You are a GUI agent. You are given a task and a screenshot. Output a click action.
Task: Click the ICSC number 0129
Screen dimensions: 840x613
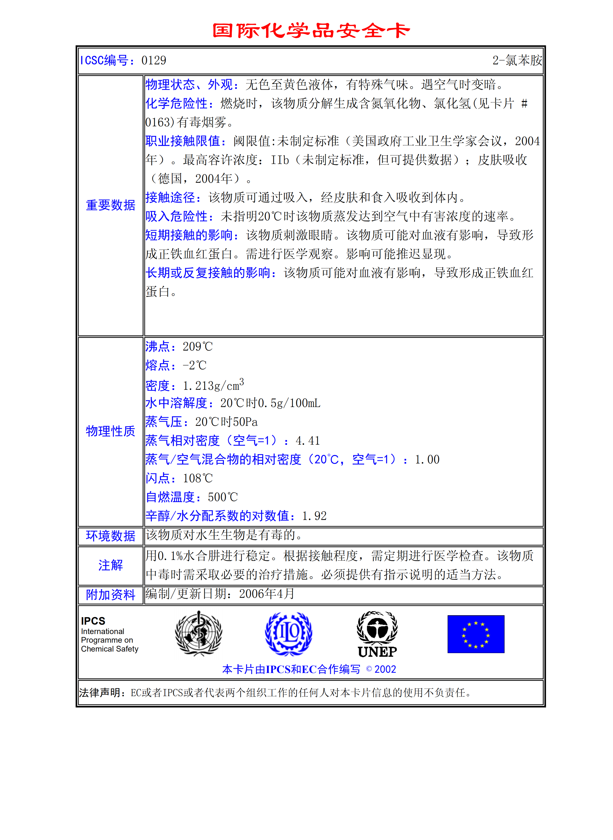tap(154, 60)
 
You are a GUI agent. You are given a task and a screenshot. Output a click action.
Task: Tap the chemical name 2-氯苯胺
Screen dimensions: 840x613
tap(517, 60)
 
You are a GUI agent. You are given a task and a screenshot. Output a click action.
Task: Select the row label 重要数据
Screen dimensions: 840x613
tap(111, 205)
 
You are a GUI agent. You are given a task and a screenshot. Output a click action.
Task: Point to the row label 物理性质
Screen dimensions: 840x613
tap(111, 431)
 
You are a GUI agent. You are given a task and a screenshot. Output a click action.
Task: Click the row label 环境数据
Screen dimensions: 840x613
tap(111, 536)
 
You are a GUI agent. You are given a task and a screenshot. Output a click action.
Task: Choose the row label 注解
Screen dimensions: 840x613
tap(111, 565)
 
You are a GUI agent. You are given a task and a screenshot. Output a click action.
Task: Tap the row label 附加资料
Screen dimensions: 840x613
tap(111, 595)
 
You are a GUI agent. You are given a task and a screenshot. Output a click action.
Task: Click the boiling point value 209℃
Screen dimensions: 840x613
tap(197, 347)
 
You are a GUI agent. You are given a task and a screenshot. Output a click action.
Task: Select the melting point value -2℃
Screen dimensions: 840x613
tap(194, 365)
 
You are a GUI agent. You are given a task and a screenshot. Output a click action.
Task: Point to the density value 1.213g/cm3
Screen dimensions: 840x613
tap(213, 385)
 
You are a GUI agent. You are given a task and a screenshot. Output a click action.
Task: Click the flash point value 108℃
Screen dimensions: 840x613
tap(197, 478)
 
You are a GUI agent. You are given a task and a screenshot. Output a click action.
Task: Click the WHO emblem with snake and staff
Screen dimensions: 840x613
tap(199, 633)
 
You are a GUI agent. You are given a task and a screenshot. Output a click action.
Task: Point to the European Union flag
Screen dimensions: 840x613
tap(476, 634)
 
